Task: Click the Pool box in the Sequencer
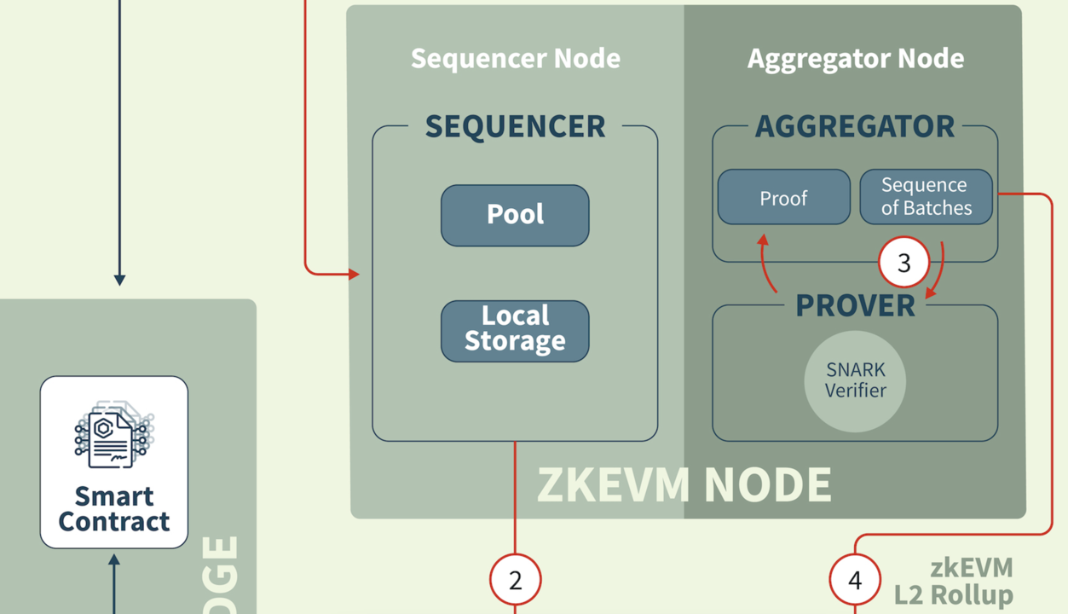pos(515,215)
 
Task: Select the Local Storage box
pos(515,330)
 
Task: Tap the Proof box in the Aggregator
pos(783,198)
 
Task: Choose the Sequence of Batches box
pos(926,197)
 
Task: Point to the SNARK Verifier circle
pos(855,380)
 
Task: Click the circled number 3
pos(903,262)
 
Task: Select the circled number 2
pos(515,580)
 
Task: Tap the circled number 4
pos(855,580)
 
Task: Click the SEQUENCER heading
pos(515,126)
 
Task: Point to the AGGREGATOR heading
pos(855,126)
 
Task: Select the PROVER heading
pos(855,305)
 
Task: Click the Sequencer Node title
pos(515,58)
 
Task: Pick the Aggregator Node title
pos(855,58)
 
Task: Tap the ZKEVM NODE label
pos(684,484)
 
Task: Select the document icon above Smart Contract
pos(113,433)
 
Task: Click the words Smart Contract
pos(113,508)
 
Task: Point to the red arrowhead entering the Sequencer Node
pos(354,274)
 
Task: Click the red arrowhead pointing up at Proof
pos(763,241)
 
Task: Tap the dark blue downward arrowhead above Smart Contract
pos(119,279)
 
